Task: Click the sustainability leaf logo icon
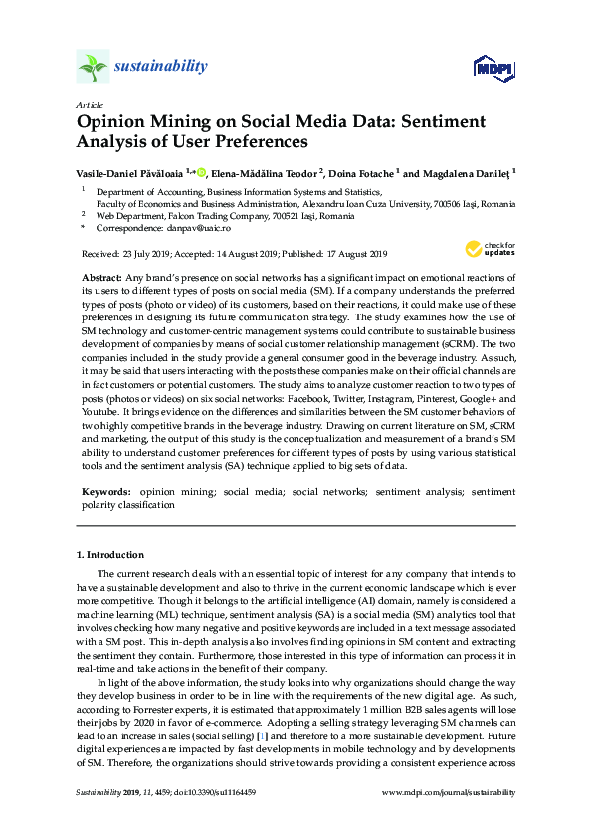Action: click(93, 67)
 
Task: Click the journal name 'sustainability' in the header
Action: click(161, 67)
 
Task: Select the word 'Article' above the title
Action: click(89, 105)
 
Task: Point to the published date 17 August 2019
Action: click(350, 254)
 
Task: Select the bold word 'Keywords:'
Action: click(104, 492)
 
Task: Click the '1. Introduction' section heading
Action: click(109, 554)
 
